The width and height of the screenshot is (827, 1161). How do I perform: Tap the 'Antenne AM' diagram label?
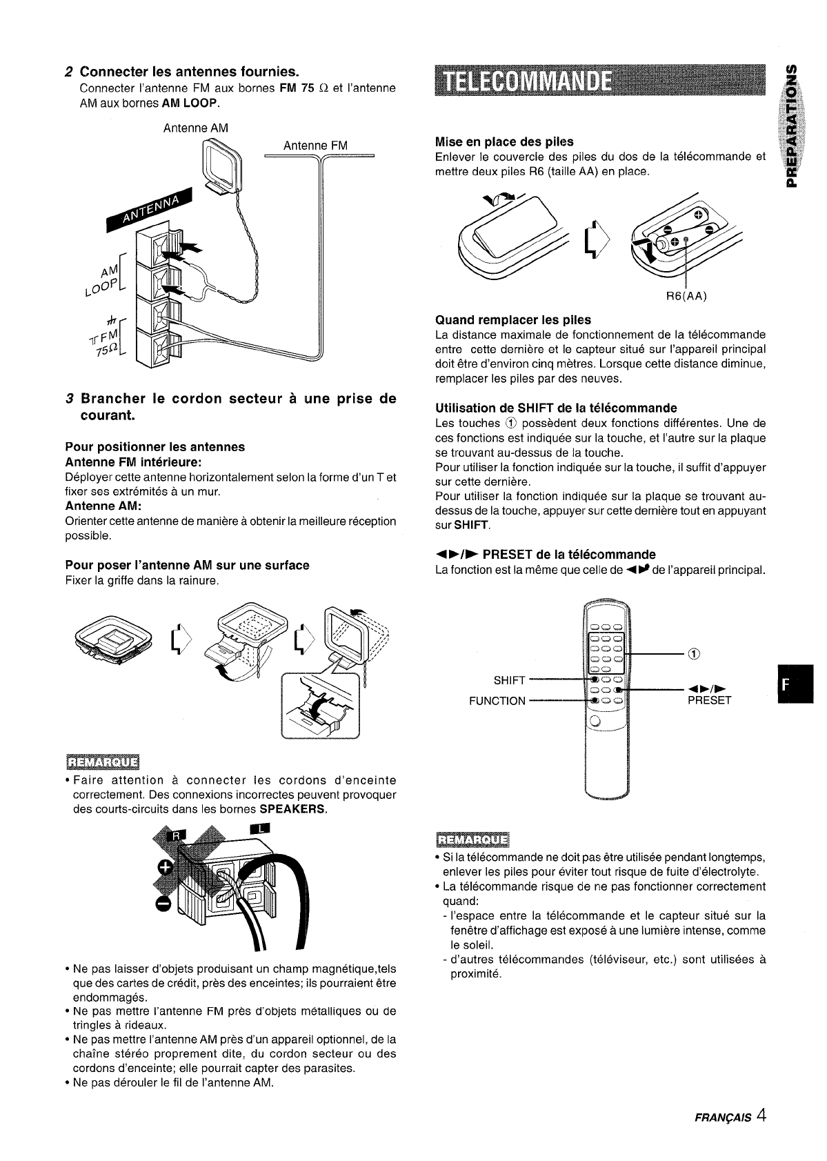click(195, 128)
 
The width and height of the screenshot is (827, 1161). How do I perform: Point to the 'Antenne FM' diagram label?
click(316, 146)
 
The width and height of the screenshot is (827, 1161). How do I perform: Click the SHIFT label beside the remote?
click(510, 681)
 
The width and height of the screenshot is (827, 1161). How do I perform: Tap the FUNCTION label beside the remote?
click(497, 701)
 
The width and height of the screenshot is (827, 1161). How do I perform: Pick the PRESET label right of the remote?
click(709, 701)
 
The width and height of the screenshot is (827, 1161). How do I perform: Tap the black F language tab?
click(795, 684)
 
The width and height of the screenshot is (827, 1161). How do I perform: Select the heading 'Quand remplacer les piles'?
click(513, 320)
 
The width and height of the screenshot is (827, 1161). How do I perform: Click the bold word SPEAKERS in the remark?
click(297, 809)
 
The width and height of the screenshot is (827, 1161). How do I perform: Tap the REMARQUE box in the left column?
click(102, 762)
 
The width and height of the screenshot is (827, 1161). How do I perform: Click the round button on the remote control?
click(594, 722)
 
